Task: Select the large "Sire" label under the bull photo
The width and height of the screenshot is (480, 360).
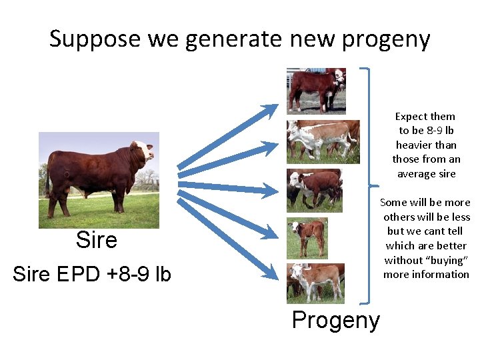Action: click(97, 240)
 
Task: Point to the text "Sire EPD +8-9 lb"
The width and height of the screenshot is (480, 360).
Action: click(92, 274)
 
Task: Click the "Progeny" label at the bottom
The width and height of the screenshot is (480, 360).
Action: click(335, 320)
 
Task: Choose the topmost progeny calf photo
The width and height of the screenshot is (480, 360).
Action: click(316, 91)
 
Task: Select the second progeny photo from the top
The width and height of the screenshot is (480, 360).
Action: click(323, 141)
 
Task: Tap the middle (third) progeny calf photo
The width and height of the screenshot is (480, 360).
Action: click(314, 189)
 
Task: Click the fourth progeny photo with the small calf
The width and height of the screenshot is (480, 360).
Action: click(307, 237)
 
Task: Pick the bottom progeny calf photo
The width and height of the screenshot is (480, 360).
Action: click(315, 282)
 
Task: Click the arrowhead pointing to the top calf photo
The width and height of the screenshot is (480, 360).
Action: click(270, 109)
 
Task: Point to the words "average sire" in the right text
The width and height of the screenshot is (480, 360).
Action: click(426, 174)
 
